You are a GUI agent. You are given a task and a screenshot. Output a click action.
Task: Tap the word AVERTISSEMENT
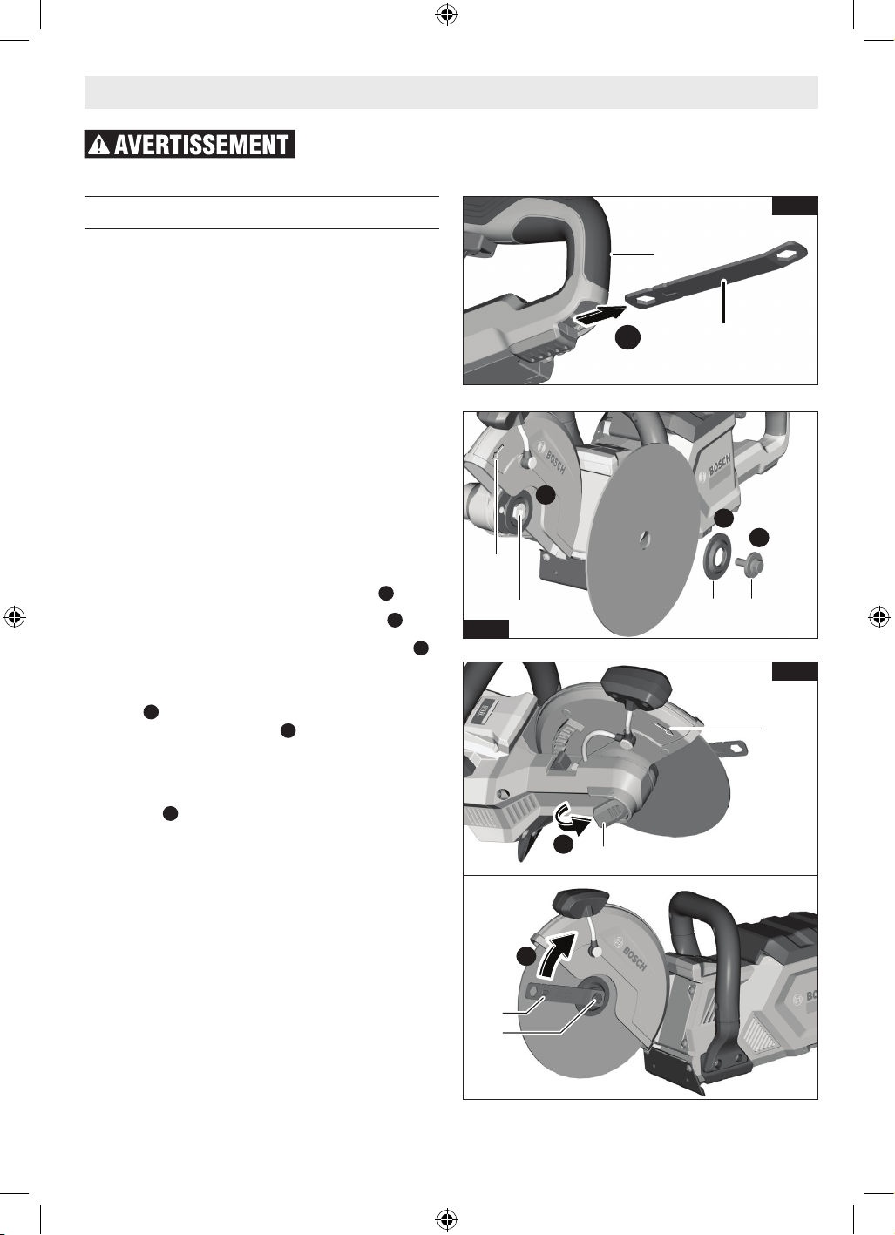[201, 145]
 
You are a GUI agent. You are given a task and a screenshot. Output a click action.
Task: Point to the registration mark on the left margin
[15, 617]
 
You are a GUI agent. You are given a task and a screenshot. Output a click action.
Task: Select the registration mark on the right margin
[879, 617]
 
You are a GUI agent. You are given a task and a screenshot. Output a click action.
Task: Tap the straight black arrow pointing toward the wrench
[599, 316]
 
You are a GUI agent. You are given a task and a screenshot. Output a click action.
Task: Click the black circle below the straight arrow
[628, 337]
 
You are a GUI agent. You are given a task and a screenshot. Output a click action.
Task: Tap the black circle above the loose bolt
[759, 537]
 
